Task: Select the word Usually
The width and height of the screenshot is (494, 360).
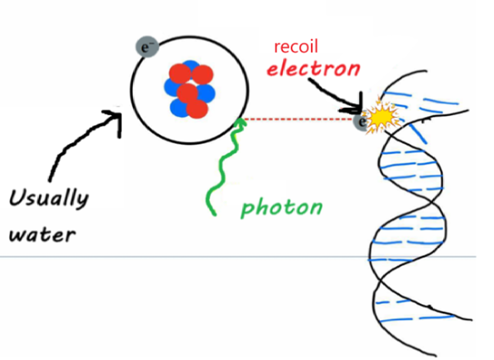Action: tap(48, 200)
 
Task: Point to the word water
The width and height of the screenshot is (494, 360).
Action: tap(42, 232)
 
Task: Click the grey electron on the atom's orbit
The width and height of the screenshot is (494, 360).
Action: tap(146, 47)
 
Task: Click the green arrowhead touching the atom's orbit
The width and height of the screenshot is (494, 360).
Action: tap(240, 124)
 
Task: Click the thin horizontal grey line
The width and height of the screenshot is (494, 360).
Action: tap(169, 256)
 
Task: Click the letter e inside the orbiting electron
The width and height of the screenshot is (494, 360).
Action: tap(145, 47)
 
